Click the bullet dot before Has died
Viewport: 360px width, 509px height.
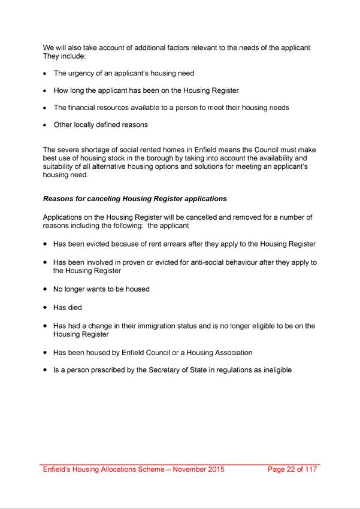(x=46, y=307)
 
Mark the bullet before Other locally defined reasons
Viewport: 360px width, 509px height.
(x=46, y=125)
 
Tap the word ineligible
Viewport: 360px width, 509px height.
(x=274, y=370)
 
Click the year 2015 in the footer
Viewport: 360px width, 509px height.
(x=214, y=469)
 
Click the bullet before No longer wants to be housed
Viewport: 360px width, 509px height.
(x=46, y=289)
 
